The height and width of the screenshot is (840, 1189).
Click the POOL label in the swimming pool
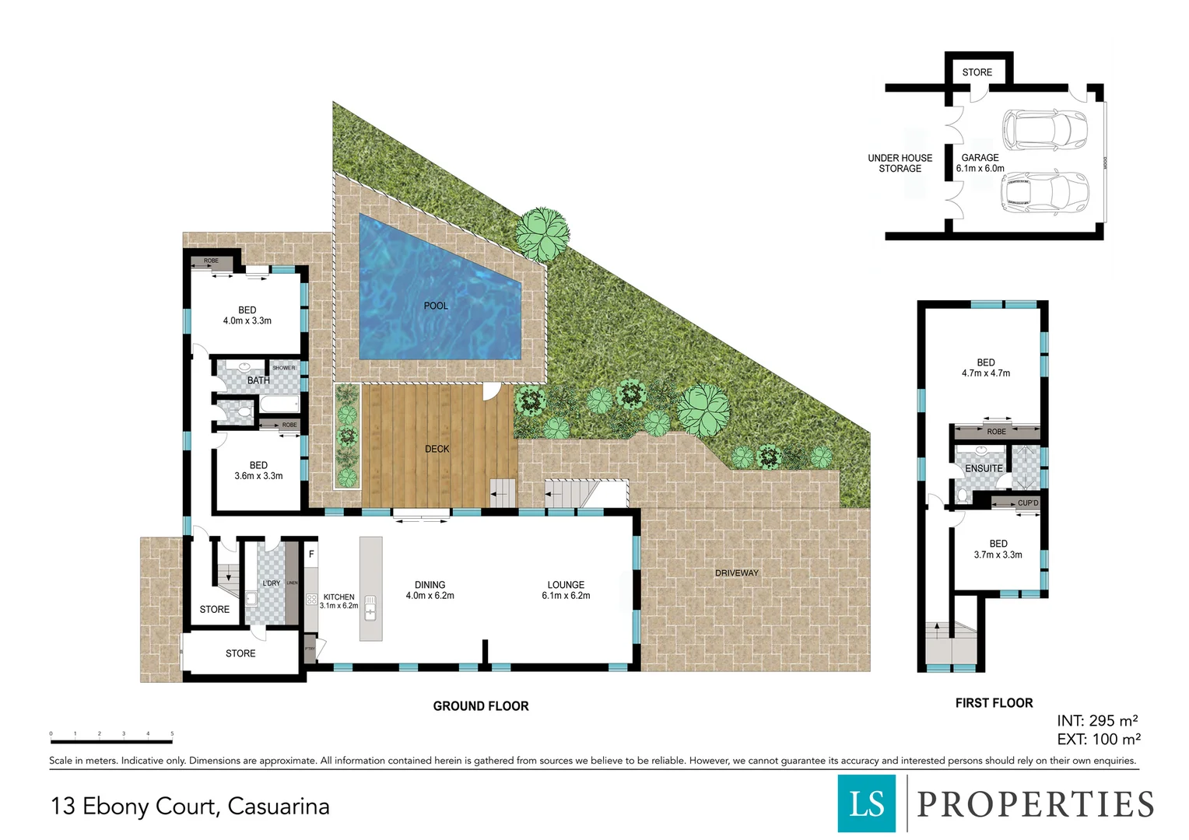[436, 306]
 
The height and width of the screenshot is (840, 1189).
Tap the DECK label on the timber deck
[437, 449]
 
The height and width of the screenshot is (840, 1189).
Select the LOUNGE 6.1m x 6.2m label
[566, 590]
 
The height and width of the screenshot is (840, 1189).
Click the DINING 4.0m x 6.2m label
[430, 590]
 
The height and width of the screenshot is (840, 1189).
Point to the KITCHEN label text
[338, 597]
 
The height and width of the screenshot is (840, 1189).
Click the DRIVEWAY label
[736, 573]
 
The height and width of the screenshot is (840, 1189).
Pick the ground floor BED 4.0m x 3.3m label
[247, 315]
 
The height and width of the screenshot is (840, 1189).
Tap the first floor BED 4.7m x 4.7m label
[985, 368]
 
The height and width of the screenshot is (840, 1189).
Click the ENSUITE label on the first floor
[984, 468]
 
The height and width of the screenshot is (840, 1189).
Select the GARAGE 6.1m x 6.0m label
[980, 163]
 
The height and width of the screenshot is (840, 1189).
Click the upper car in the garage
[1043, 129]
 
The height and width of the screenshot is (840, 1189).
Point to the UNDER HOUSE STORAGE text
[900, 163]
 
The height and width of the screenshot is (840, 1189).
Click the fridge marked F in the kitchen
[311, 555]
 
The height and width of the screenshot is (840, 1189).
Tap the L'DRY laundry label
[271, 583]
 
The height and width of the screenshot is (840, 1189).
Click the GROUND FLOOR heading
[480, 706]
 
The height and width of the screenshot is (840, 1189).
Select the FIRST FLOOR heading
[994, 703]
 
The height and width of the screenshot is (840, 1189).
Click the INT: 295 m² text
[1096, 721]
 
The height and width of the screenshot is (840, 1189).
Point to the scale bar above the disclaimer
[111, 741]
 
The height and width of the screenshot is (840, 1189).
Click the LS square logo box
[866, 803]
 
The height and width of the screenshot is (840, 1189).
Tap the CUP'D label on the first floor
[1027, 503]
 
